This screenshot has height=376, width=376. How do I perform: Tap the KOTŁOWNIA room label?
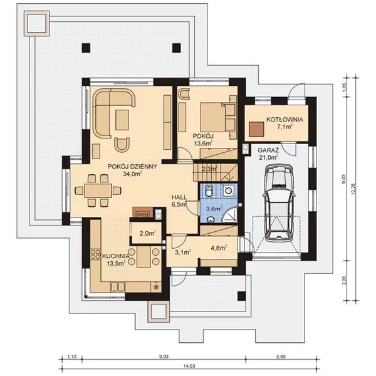pos(285,119)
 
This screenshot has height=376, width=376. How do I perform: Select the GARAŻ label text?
pos(268,150)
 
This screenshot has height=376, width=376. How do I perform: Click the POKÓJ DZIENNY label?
pos(132,167)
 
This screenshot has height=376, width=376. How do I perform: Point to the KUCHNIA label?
pos(116,256)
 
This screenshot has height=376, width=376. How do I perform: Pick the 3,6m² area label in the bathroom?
pos(214,209)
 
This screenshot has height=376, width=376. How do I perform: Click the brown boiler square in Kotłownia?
pos(256,128)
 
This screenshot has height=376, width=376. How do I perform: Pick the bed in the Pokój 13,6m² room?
pos(216,116)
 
